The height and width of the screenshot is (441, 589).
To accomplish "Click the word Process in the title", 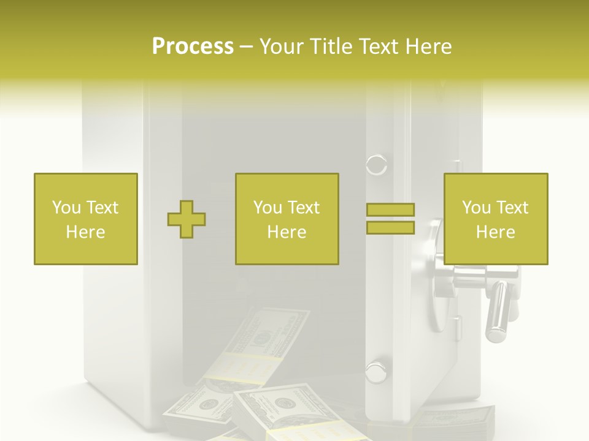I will [x=193, y=47].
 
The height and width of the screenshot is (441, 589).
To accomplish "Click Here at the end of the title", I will [x=429, y=47].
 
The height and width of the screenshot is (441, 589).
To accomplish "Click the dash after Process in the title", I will [x=247, y=47].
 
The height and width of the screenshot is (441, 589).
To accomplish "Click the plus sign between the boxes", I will [x=187, y=219].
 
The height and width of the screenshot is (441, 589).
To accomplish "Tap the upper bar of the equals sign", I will [x=390, y=209].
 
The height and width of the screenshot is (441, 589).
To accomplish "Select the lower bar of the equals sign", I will [x=390, y=227].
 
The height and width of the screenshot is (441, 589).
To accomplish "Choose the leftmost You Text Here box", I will [x=86, y=219].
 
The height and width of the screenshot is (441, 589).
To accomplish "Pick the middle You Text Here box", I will [x=287, y=219].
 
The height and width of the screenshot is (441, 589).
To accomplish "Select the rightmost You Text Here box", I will [x=496, y=219].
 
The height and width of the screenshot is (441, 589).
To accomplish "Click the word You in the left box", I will [x=65, y=208].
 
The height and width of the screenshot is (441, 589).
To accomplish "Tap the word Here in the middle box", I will [x=287, y=232].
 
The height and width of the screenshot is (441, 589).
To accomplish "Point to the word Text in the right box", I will [x=513, y=208].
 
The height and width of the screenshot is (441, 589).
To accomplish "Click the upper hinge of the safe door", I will [x=376, y=165].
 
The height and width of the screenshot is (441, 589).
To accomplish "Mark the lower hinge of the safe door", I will [x=375, y=371].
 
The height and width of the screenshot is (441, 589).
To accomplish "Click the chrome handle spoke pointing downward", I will [x=496, y=312].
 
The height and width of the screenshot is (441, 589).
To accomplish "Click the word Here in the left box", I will [x=86, y=232].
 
